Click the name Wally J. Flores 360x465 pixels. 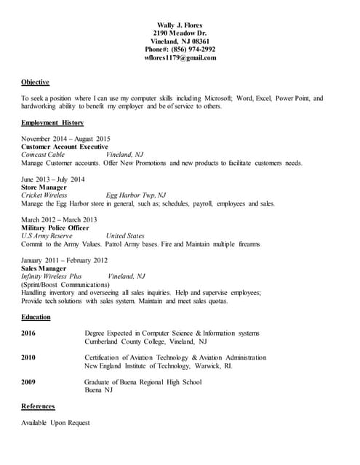click(180, 25)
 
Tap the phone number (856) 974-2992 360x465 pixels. click(191, 49)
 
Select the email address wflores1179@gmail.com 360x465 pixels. click(180, 57)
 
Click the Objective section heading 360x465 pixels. click(35, 82)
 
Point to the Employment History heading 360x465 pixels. click(52, 123)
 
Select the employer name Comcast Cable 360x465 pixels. click(43, 155)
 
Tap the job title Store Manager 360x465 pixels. click(44, 187)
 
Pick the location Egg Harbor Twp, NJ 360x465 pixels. click(136, 195)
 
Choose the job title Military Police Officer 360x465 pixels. click(55, 227)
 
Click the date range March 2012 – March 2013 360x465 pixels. click(59, 219)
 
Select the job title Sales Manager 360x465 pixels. click(43, 268)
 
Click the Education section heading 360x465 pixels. click(36, 317)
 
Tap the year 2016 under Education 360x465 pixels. click(28, 333)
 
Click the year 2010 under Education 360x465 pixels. click(28, 357)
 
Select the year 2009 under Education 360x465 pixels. click(28, 382)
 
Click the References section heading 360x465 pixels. click(38, 406)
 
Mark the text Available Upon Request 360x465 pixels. click(56, 423)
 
